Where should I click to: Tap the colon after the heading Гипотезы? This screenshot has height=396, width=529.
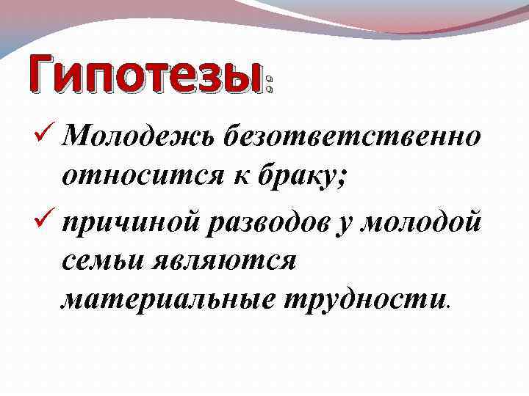[270, 83]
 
